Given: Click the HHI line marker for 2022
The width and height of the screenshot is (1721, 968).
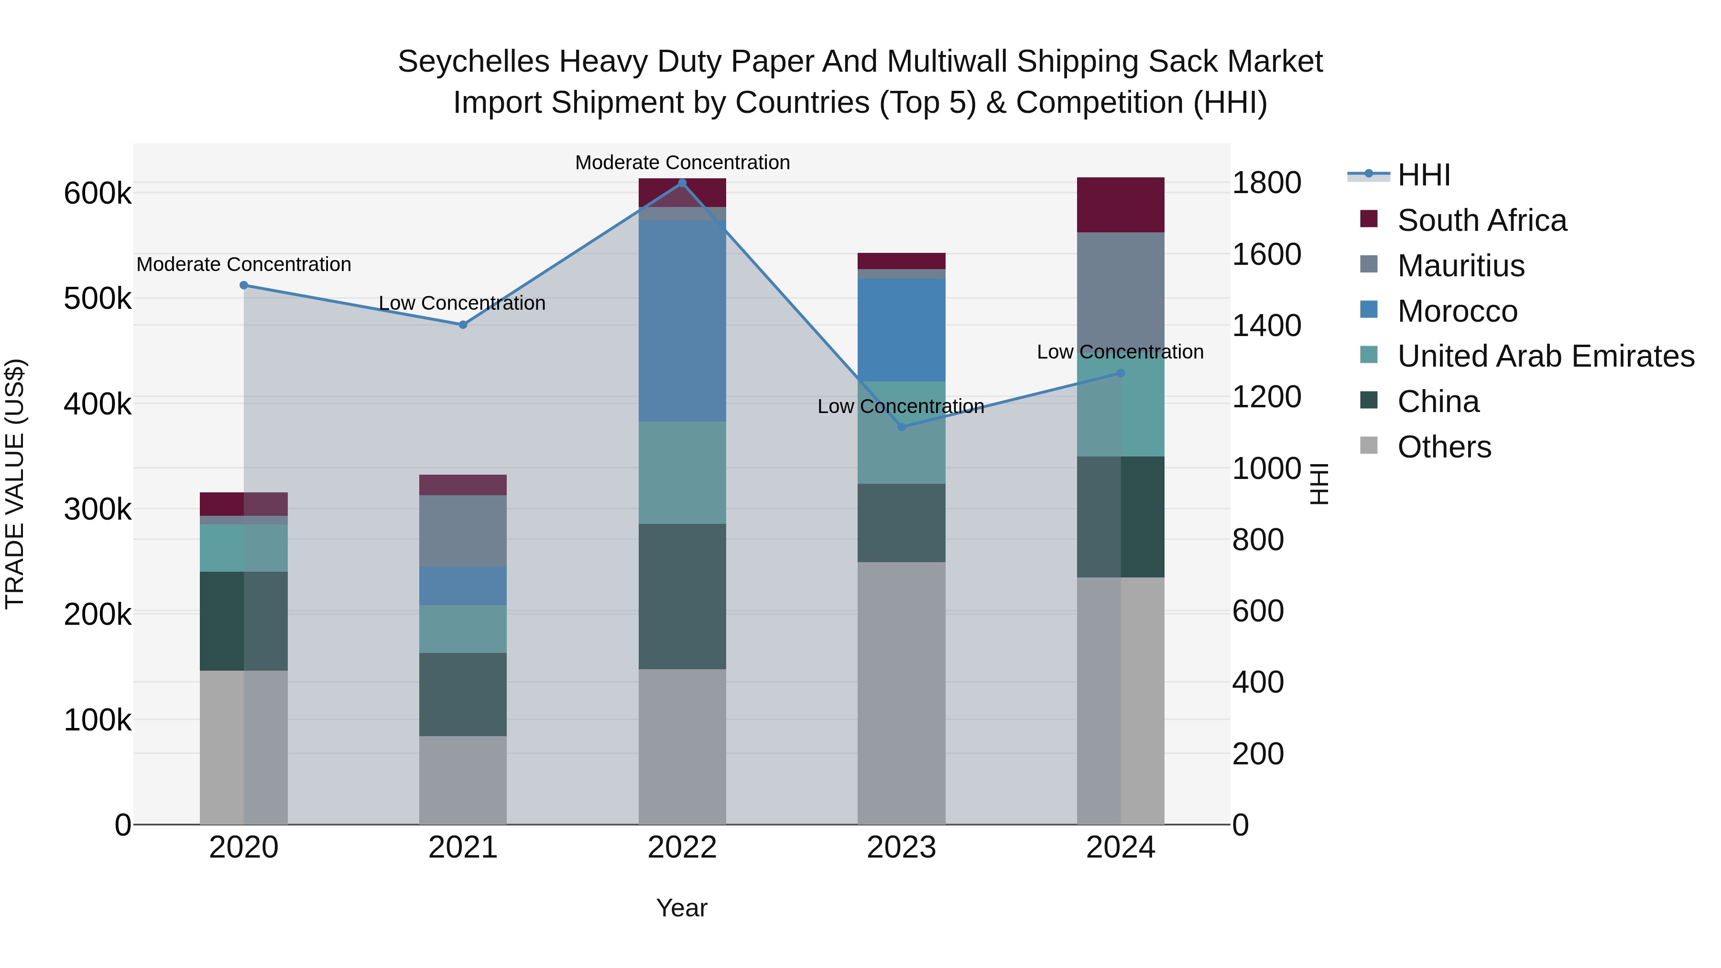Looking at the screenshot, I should pyautogui.click(x=682, y=183).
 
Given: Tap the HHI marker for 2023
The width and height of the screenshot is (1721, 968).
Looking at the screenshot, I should pyautogui.click(x=901, y=426).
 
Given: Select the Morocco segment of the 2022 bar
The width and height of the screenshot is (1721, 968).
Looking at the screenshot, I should pyautogui.click(x=682, y=321).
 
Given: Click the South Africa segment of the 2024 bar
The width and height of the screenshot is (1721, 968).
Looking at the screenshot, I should pyautogui.click(x=1121, y=205).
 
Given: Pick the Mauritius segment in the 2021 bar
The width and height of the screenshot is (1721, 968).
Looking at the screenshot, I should pyautogui.click(x=463, y=531).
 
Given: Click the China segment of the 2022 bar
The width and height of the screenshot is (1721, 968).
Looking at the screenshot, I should pyautogui.click(x=682, y=596).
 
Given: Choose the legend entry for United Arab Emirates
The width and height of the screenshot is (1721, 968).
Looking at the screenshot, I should pyautogui.click(x=1545, y=356).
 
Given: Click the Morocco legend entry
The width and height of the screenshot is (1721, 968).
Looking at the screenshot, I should pyautogui.click(x=1457, y=311).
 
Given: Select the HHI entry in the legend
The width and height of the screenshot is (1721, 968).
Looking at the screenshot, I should pyautogui.click(x=1423, y=175).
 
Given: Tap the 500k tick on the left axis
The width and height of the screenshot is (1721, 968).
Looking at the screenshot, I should pyautogui.click(x=98, y=299).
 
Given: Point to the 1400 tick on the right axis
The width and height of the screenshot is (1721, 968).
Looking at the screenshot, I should pyautogui.click(x=1266, y=326).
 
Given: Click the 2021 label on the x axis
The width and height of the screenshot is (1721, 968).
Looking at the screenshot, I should pyautogui.click(x=463, y=847).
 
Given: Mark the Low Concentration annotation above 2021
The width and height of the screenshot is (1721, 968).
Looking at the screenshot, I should pyautogui.click(x=462, y=303).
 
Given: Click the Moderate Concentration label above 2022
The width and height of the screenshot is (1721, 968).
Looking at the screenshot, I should pyautogui.click(x=682, y=163).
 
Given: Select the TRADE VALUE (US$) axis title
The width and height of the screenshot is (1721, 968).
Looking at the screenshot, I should pyautogui.click(x=15, y=484).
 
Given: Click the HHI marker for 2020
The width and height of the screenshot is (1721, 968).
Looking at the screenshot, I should pyautogui.click(x=244, y=285).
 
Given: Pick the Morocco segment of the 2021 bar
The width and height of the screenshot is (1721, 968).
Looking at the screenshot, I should pyautogui.click(x=463, y=586).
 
